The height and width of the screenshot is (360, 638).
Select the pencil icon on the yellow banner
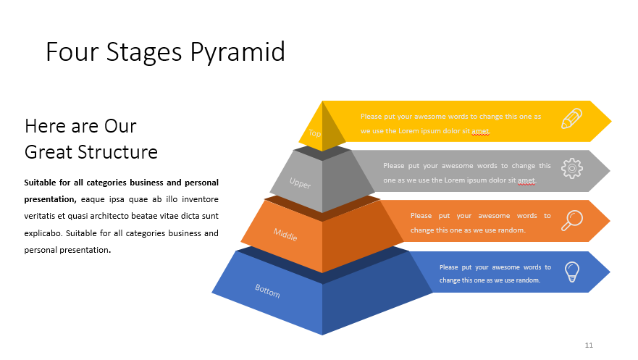click(x=571, y=119)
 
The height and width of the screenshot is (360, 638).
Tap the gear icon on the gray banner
click(x=571, y=169)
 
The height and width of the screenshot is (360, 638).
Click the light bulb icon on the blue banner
click(x=572, y=272)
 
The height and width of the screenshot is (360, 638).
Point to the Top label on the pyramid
click(x=314, y=133)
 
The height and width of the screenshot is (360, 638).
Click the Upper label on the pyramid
click(x=301, y=184)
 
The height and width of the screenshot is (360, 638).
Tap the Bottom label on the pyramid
click(x=267, y=291)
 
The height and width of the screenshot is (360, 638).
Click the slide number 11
click(x=589, y=345)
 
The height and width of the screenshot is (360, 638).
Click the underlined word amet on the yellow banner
click(x=480, y=131)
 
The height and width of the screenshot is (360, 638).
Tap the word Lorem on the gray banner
click(x=454, y=180)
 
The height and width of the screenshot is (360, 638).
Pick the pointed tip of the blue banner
click(x=609, y=272)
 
